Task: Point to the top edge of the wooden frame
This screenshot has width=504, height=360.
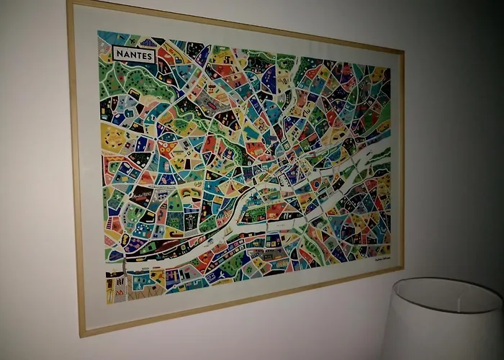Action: coord(238,26)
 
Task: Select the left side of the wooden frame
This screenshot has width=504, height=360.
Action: coord(76,166)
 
